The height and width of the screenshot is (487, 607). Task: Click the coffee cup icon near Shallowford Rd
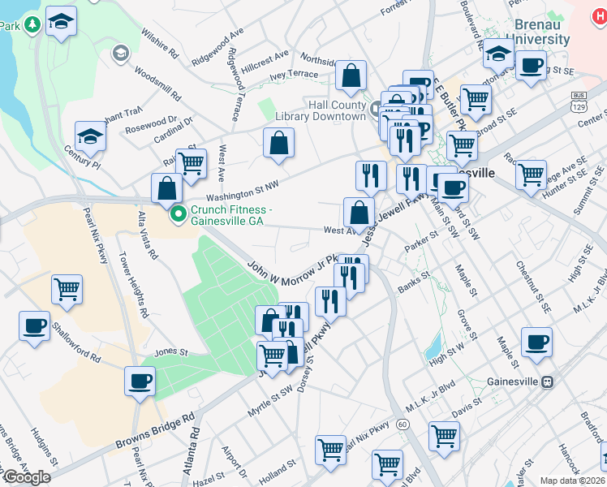click(x=35, y=326)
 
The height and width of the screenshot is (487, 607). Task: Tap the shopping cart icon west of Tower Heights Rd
click(x=67, y=288)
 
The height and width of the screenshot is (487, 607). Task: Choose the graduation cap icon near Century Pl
click(x=90, y=136)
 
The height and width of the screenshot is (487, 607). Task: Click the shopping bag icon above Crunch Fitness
click(x=166, y=189)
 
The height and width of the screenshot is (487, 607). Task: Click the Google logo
click(x=27, y=477)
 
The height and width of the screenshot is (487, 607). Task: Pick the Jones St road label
click(x=171, y=353)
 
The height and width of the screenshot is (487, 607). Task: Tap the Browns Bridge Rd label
click(x=156, y=430)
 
